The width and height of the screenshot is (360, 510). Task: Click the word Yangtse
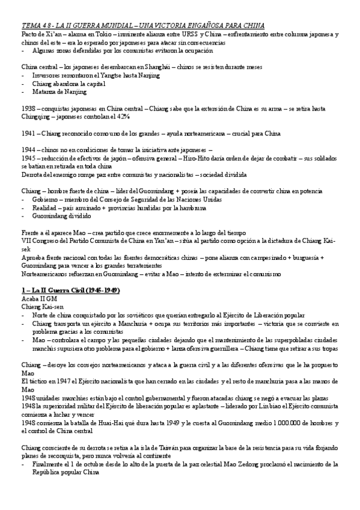[x=106, y=76]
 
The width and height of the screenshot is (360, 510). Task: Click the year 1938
[x=29, y=109]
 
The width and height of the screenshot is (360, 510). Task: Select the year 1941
[x=29, y=133]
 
